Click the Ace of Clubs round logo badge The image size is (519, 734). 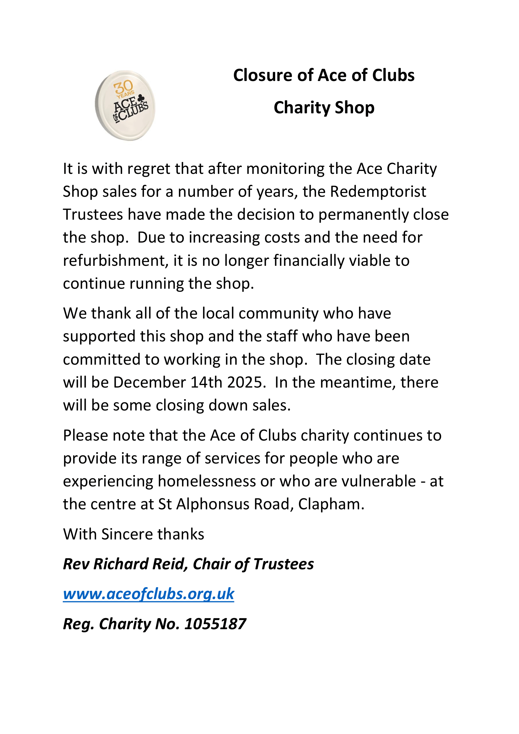125,105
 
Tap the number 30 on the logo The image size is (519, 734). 124,87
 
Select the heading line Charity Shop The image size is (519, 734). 324,108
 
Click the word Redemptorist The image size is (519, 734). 378,192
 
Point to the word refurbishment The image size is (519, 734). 115,260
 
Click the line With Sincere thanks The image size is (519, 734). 134,534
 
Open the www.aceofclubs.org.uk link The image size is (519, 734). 149,594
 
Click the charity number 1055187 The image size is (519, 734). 215,624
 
